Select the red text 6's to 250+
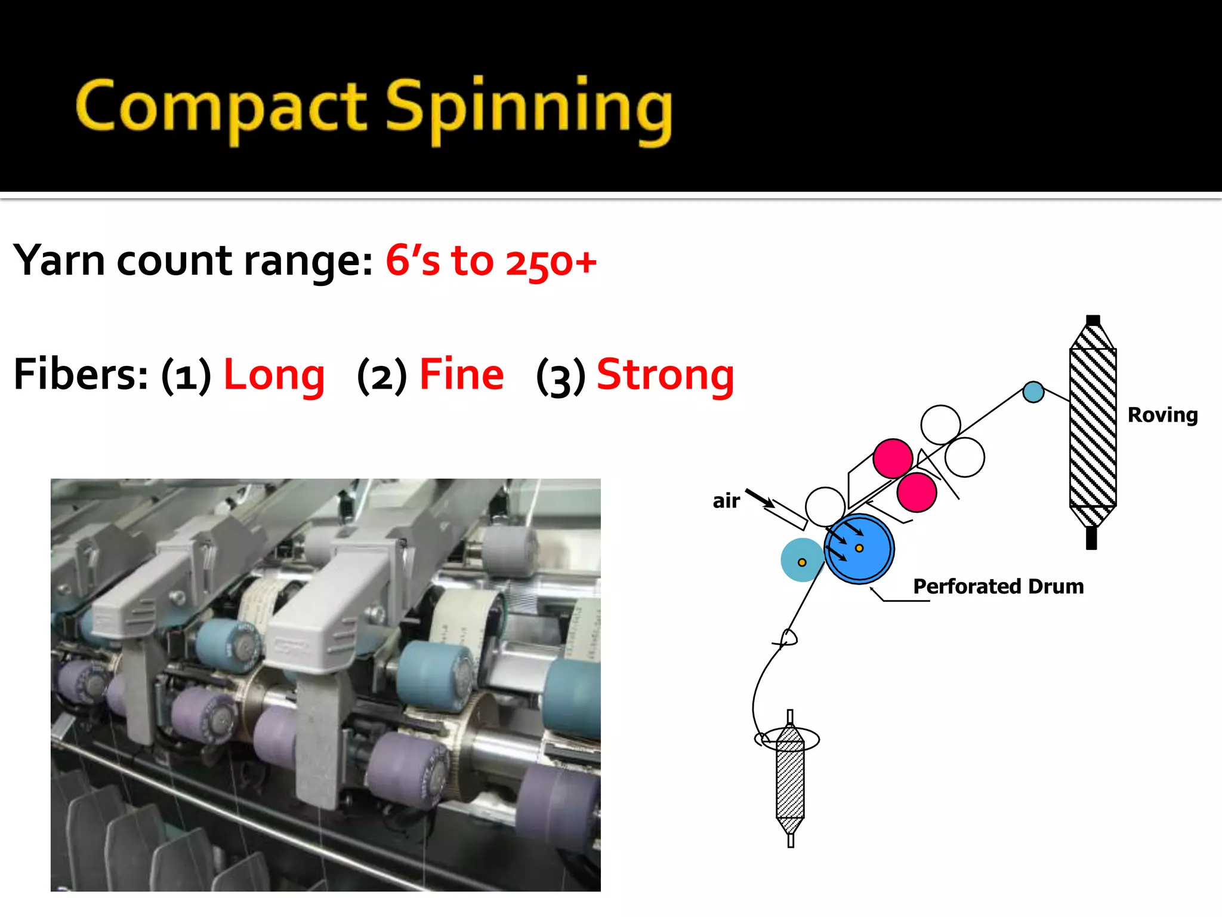tap(490, 261)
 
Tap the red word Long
tap(274, 375)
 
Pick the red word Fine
tap(461, 375)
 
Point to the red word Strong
tap(665, 375)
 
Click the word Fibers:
tap(81, 375)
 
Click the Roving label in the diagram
tap(1162, 415)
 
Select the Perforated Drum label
tap(998, 586)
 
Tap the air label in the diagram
tap(726, 500)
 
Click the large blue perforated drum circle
tap(859, 548)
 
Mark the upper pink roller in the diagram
tap(893, 458)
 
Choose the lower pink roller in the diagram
tap(916, 492)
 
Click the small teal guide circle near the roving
tap(1033, 392)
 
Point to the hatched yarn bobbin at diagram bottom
tap(790, 778)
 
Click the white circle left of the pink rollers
tap(825, 506)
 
